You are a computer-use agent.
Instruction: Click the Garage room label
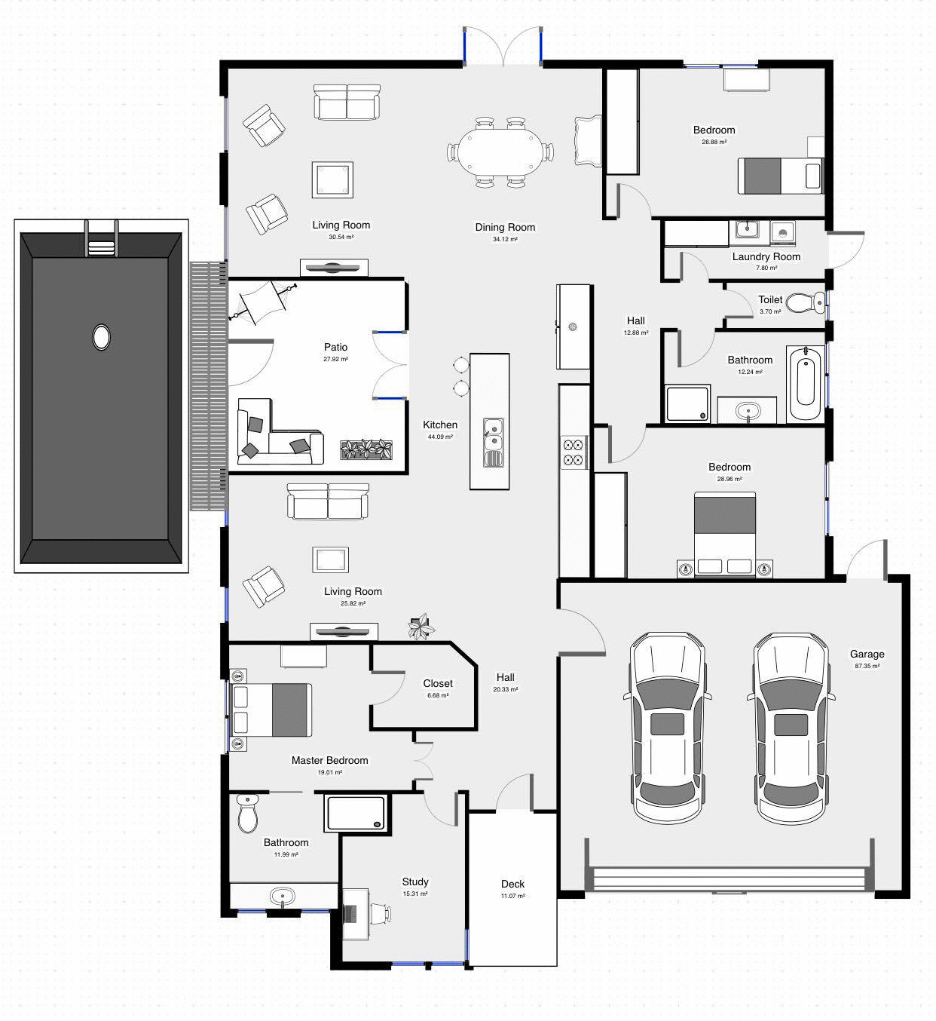pyautogui.click(x=867, y=654)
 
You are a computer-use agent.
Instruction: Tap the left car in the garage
pyautogui.click(x=668, y=727)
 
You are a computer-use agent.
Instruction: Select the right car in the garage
pyautogui.click(x=792, y=727)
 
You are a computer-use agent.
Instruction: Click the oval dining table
pyautogui.click(x=501, y=152)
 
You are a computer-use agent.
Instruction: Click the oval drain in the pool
pyautogui.click(x=101, y=336)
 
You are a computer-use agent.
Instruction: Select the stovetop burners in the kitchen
pyautogui.click(x=573, y=451)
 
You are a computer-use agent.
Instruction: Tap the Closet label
pyautogui.click(x=438, y=683)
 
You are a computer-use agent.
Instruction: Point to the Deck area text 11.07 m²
pyautogui.click(x=512, y=896)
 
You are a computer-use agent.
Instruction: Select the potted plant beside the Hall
pyautogui.click(x=421, y=627)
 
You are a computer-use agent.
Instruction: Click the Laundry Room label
pyautogui.click(x=766, y=256)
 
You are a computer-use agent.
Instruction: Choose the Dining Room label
pyautogui.click(x=505, y=227)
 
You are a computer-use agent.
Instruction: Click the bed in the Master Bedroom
pyautogui.click(x=271, y=710)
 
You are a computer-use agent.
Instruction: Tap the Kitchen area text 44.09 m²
pyautogui.click(x=439, y=437)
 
